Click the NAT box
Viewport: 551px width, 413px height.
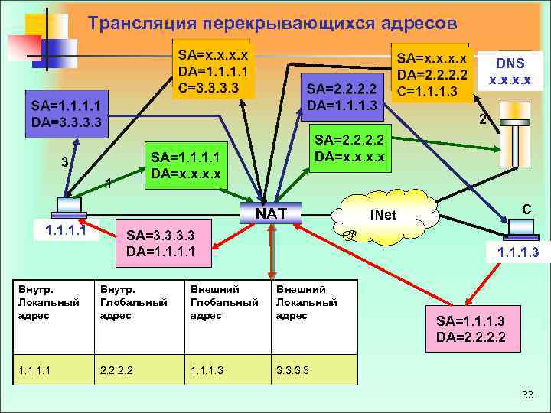point(272,212)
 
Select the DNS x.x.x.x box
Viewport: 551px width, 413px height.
point(509,70)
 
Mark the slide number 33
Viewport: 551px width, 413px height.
point(527,395)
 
